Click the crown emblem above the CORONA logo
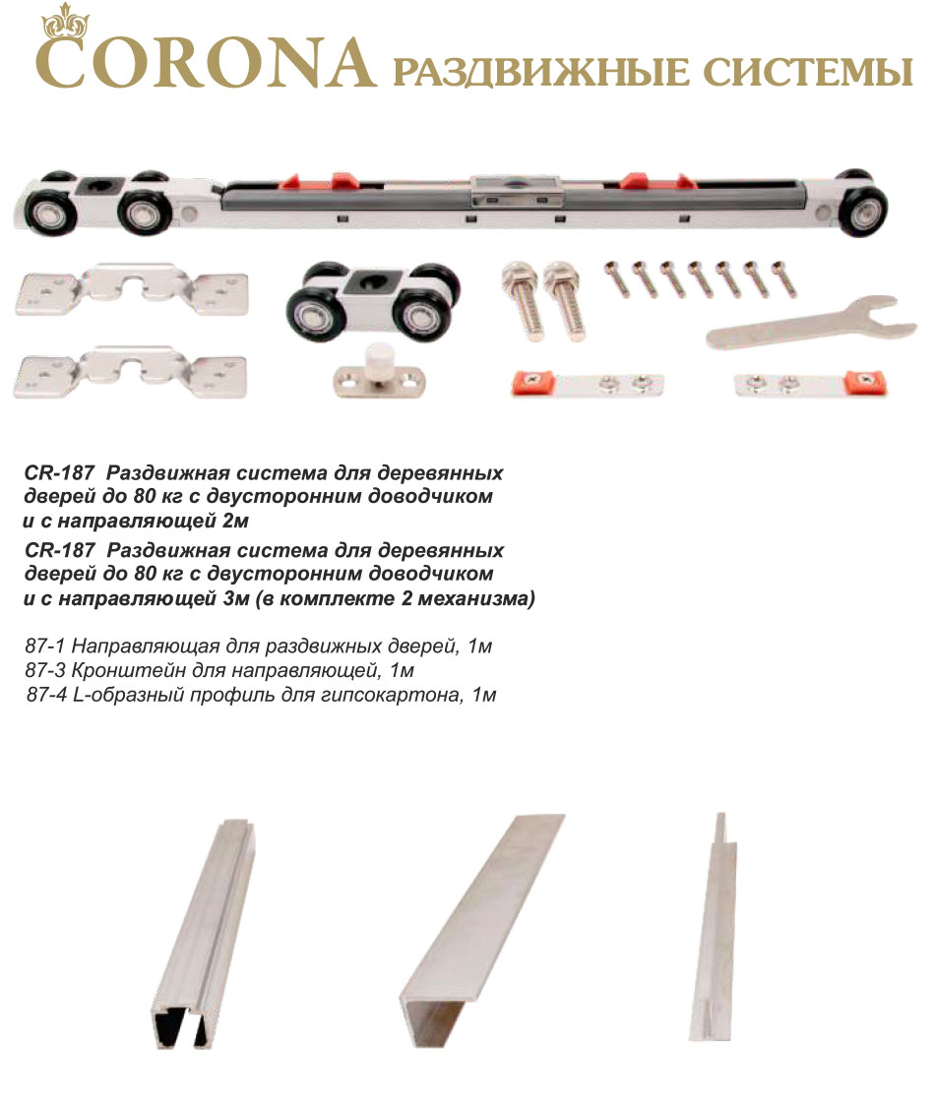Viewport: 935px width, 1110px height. (65, 21)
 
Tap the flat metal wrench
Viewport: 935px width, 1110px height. (811, 323)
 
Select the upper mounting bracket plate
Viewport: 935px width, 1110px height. (132, 289)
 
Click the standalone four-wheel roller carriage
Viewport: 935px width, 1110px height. (373, 301)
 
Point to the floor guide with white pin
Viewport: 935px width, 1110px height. (380, 372)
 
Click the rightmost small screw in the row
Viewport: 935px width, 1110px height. (784, 278)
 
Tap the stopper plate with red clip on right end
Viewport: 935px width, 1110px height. (810, 385)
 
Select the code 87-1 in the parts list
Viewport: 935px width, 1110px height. (46, 647)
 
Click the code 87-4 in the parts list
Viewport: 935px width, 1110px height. (47, 695)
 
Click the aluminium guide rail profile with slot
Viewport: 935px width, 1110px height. (204, 935)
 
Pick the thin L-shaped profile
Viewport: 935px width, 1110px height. (714, 927)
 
